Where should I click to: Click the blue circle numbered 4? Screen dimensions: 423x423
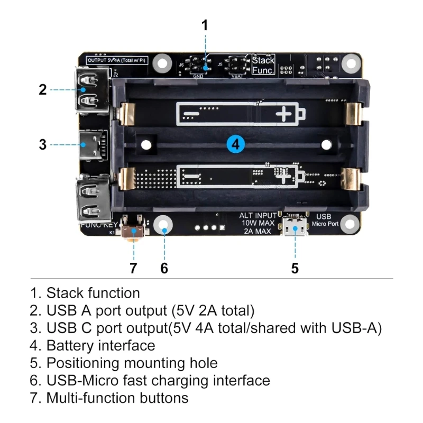pos(236,143)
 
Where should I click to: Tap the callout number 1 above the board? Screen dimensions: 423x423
pos(205,25)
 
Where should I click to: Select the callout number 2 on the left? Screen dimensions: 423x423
pos(43,89)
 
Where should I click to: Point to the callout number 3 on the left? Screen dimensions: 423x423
pos(43,144)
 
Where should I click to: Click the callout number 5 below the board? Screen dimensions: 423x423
pos(295,268)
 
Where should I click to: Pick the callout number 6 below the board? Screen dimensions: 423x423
pos(164,268)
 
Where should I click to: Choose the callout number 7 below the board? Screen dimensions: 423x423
pos(133,268)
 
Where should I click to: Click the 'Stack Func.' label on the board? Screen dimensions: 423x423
pos(263,65)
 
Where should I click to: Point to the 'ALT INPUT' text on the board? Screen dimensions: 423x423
pos(258,215)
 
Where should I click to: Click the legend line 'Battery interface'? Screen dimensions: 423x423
pos(100,345)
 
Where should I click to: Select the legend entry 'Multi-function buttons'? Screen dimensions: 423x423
pos(117,397)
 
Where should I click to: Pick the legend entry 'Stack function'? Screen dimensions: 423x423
pos(93,293)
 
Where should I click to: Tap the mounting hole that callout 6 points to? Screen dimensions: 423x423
pos(164,224)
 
